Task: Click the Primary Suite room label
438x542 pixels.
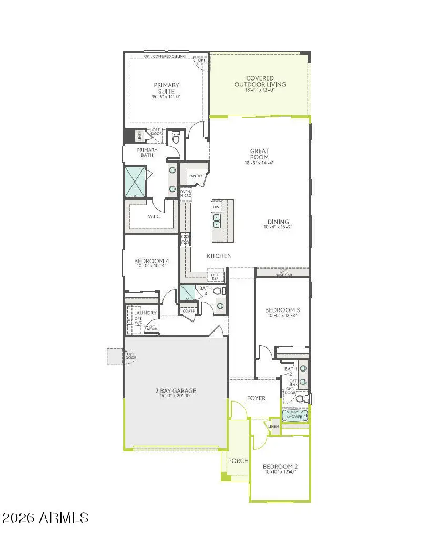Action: [x=166, y=88]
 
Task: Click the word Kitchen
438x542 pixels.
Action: [x=219, y=256]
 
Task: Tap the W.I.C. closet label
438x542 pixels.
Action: [x=154, y=216]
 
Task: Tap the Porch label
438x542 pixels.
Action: [x=238, y=461]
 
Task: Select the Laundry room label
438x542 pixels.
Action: [x=145, y=313]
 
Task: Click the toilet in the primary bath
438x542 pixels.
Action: [x=176, y=138]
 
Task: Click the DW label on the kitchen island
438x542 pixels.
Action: [x=216, y=207]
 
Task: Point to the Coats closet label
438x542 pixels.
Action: [x=188, y=311]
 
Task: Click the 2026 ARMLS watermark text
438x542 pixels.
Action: [x=45, y=518]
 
